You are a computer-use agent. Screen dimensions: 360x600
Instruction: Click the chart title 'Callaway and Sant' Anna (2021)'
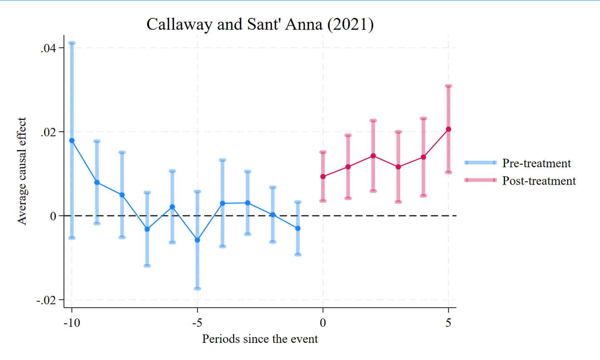[x=260, y=24]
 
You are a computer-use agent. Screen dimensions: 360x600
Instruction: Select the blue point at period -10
[x=72, y=140]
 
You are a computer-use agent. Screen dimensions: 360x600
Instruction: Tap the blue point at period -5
[x=197, y=240]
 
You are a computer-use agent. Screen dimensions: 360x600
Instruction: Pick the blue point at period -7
[x=147, y=229]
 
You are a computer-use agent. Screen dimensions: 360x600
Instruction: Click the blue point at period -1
[x=297, y=228]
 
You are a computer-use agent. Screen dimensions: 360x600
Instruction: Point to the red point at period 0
[x=323, y=177]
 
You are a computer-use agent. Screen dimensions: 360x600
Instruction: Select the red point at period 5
[x=448, y=129]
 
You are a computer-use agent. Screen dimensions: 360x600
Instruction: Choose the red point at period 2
[x=373, y=156]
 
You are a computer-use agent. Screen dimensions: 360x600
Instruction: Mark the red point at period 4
[x=423, y=157]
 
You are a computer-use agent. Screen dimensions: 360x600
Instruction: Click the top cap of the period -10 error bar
[x=72, y=43]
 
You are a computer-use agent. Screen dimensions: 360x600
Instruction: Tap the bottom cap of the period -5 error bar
[x=197, y=288]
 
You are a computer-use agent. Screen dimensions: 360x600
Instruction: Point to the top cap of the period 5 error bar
[x=448, y=86]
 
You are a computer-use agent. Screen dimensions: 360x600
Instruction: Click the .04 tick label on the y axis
[x=48, y=48]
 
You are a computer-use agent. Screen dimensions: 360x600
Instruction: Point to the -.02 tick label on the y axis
[x=46, y=300]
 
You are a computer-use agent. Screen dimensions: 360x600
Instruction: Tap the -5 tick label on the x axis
[x=197, y=323]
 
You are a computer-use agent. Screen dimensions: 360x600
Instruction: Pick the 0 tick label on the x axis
[x=323, y=323]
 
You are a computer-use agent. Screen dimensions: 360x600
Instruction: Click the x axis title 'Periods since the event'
[x=260, y=339]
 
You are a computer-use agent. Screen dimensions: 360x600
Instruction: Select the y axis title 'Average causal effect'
[x=22, y=171]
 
